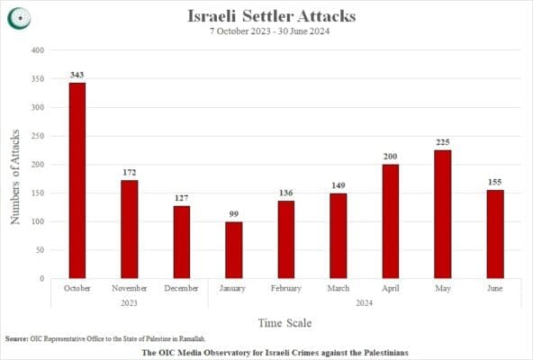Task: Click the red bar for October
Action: pyautogui.click(x=77, y=180)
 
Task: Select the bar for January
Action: pyautogui.click(x=233, y=250)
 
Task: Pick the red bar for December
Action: pyautogui.click(x=182, y=242)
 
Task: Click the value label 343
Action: pyautogui.click(x=77, y=74)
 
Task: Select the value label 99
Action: pyautogui.click(x=233, y=213)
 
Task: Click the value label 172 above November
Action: pyautogui.click(x=130, y=172)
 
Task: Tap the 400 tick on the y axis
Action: pyautogui.click(x=37, y=50)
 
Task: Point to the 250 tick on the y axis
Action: pyautogui.click(x=37, y=136)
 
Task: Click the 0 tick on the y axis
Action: pyautogui.click(x=41, y=278)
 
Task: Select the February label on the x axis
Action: pyautogui.click(x=285, y=288)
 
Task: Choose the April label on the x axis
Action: pyautogui.click(x=390, y=288)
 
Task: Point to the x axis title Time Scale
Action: pyautogui.click(x=285, y=321)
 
